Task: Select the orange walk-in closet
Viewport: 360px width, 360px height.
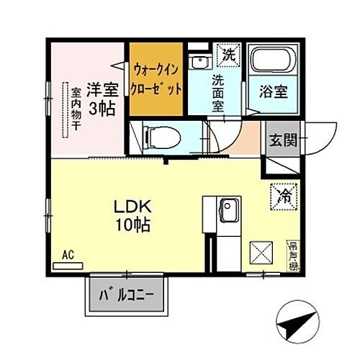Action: (157, 78)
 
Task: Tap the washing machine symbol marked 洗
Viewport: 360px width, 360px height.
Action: (227, 53)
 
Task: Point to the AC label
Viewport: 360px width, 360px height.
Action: (68, 255)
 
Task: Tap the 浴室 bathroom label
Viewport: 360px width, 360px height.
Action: (273, 92)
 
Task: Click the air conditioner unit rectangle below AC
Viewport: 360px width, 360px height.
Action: (68, 265)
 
